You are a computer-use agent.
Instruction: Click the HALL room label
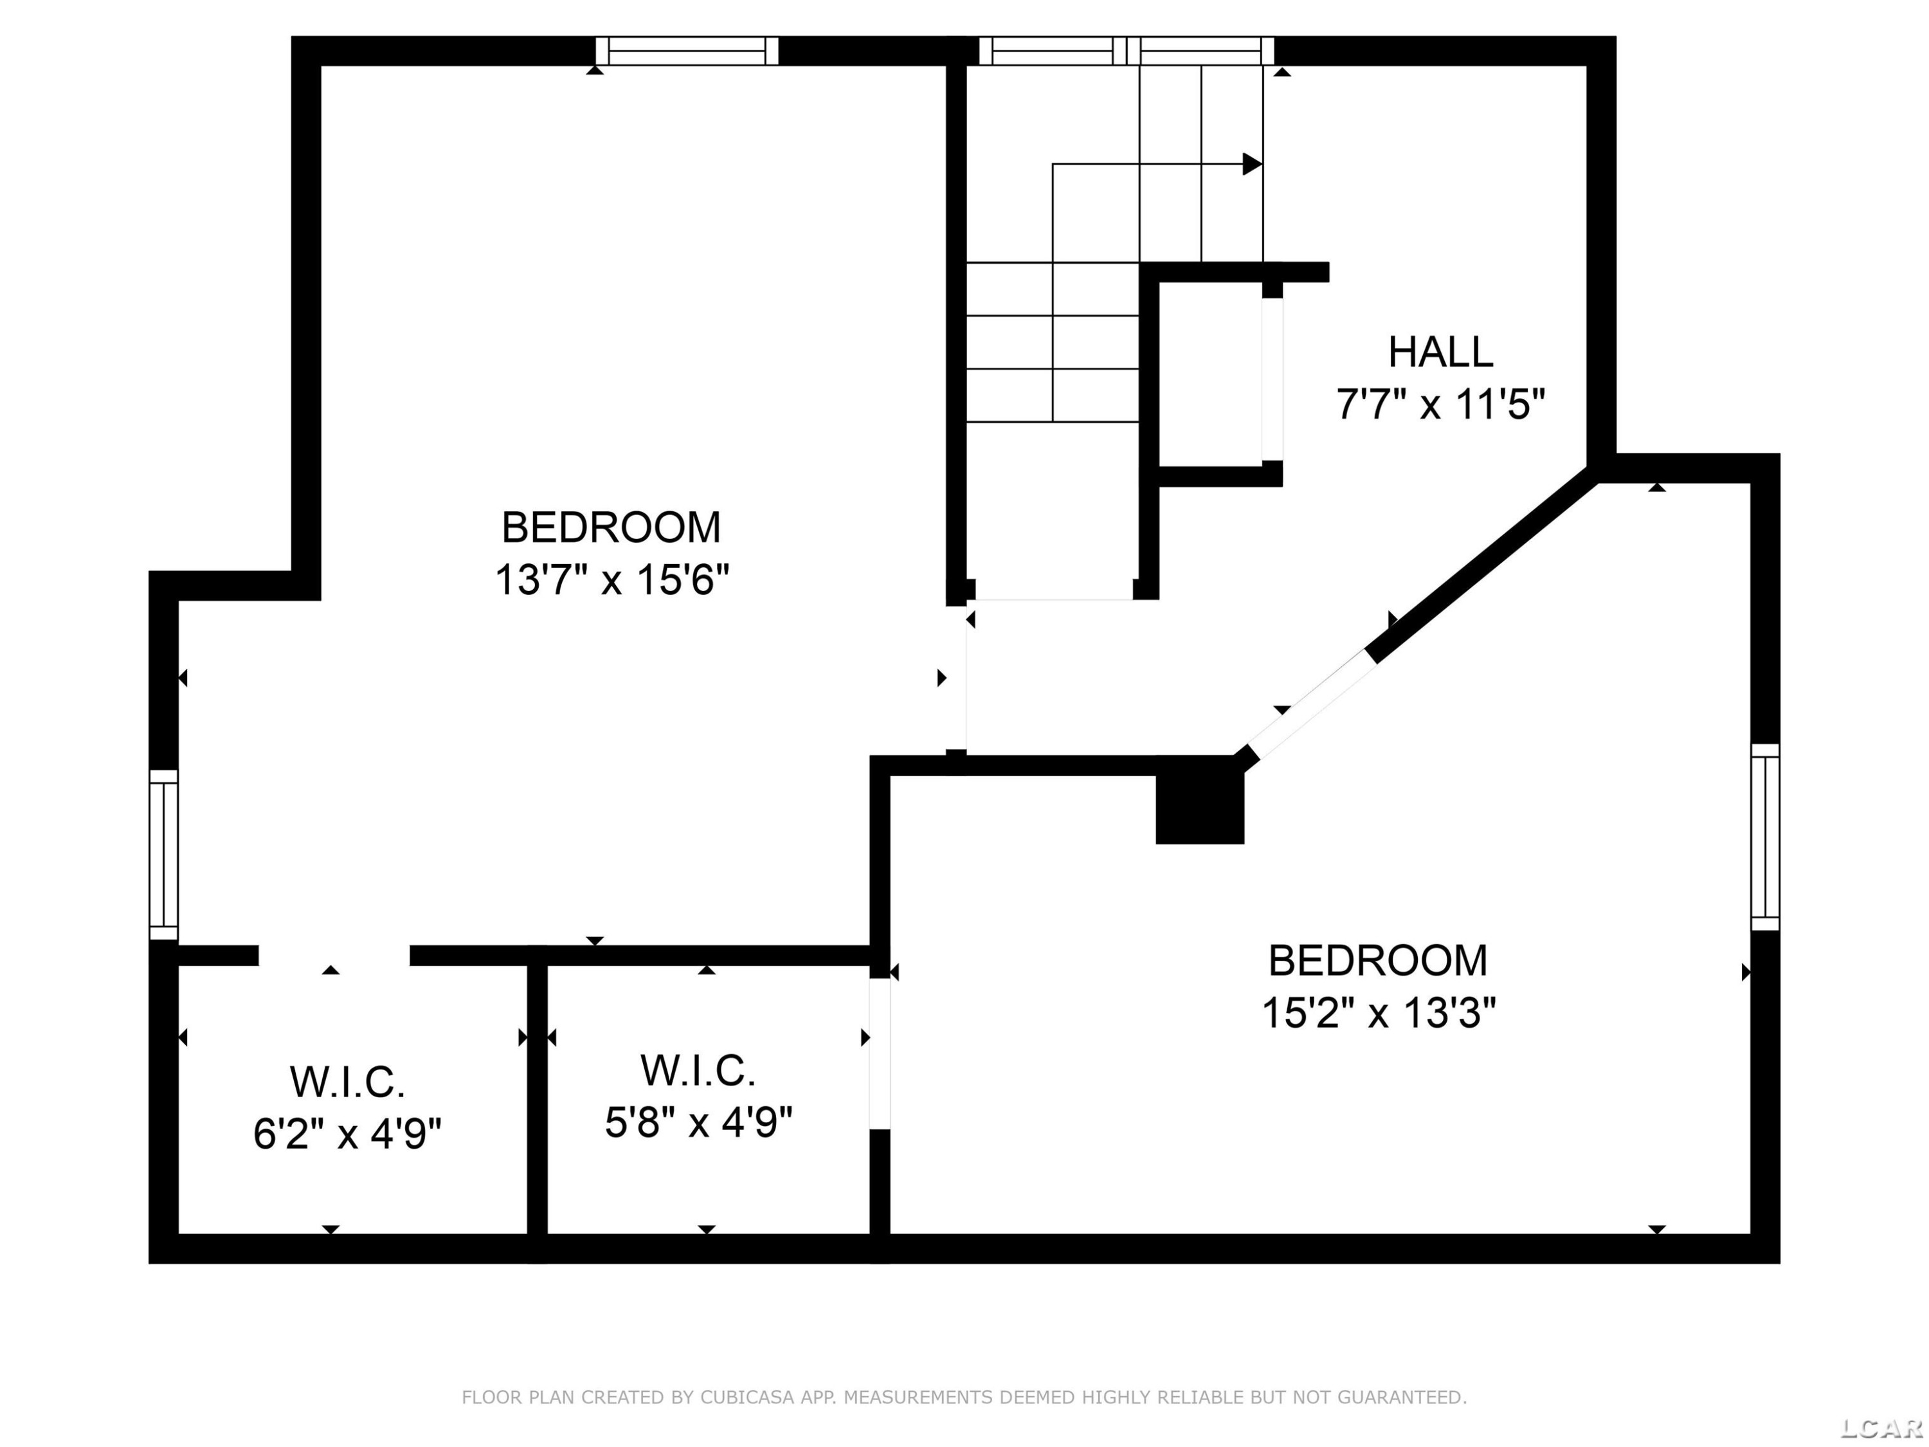pyautogui.click(x=1441, y=352)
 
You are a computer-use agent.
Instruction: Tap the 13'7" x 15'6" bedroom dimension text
pyautogui.click(x=612, y=579)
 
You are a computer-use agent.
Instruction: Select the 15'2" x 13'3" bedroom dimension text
pyautogui.click(x=1379, y=1014)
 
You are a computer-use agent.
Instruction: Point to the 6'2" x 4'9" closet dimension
pyautogui.click(x=347, y=1134)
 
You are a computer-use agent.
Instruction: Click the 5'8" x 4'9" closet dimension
pyautogui.click(x=698, y=1122)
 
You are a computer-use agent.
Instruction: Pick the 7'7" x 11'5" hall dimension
pyautogui.click(x=1441, y=405)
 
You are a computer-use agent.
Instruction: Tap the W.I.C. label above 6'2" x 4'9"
pyautogui.click(x=348, y=1082)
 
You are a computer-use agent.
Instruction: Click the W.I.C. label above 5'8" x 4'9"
pyautogui.click(x=698, y=1071)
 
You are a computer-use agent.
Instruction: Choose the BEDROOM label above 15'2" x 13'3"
pyautogui.click(x=1378, y=961)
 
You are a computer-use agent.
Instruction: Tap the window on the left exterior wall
pyautogui.click(x=164, y=855)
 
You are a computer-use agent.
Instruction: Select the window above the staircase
pyautogui.click(x=1127, y=51)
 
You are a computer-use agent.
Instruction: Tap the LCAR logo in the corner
pyautogui.click(x=1880, y=1428)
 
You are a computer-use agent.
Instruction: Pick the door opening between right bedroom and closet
pyautogui.click(x=880, y=1055)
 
